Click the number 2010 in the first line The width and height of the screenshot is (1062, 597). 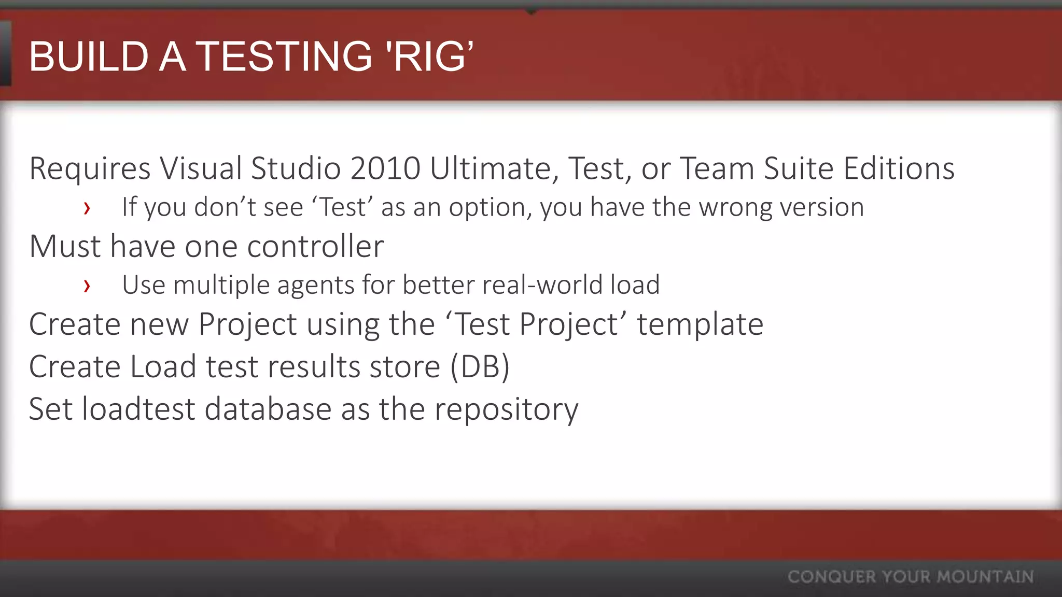(x=385, y=168)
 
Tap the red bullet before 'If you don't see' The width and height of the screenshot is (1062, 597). (x=87, y=208)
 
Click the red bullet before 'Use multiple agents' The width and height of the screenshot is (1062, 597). (x=87, y=286)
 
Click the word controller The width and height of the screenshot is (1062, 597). (x=315, y=246)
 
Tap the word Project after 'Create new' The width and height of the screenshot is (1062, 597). (x=247, y=324)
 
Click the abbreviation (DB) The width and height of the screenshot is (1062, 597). (x=480, y=367)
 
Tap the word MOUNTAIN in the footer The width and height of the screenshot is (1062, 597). (x=985, y=577)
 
